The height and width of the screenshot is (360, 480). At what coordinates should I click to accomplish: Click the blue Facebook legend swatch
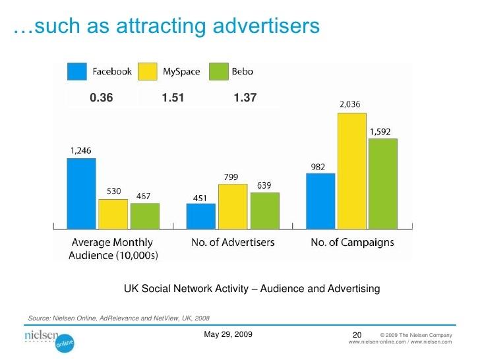[x=77, y=71]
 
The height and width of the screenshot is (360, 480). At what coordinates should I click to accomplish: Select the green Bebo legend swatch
[x=218, y=71]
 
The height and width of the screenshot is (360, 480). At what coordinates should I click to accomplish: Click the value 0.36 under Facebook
[x=102, y=98]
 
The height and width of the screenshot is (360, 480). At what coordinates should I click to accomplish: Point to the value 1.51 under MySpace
[x=173, y=98]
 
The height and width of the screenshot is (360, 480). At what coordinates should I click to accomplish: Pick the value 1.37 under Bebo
[x=245, y=98]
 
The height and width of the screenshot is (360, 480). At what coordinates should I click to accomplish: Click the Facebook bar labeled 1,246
[x=81, y=192]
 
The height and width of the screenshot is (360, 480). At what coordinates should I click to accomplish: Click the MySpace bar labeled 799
[x=232, y=205]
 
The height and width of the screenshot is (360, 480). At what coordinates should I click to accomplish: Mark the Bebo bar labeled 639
[x=264, y=209]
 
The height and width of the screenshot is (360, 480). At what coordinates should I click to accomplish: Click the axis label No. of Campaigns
[x=352, y=243]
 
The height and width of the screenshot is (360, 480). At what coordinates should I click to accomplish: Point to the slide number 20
[x=358, y=336]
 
